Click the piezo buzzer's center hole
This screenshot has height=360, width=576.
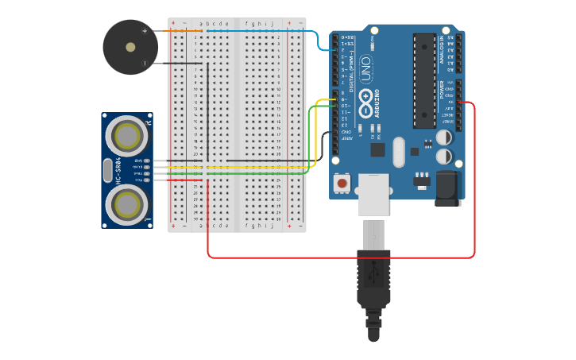(130, 48)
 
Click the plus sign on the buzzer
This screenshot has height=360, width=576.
(145, 31)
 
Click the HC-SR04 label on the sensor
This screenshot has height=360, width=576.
(118, 171)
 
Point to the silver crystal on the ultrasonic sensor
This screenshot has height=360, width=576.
(108, 171)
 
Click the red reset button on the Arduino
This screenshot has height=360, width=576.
(342, 183)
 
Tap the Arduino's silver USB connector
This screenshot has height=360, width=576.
(373, 194)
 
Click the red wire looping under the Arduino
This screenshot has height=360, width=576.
(342, 257)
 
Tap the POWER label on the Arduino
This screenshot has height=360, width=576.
(443, 89)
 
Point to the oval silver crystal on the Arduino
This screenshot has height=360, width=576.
(398, 151)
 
